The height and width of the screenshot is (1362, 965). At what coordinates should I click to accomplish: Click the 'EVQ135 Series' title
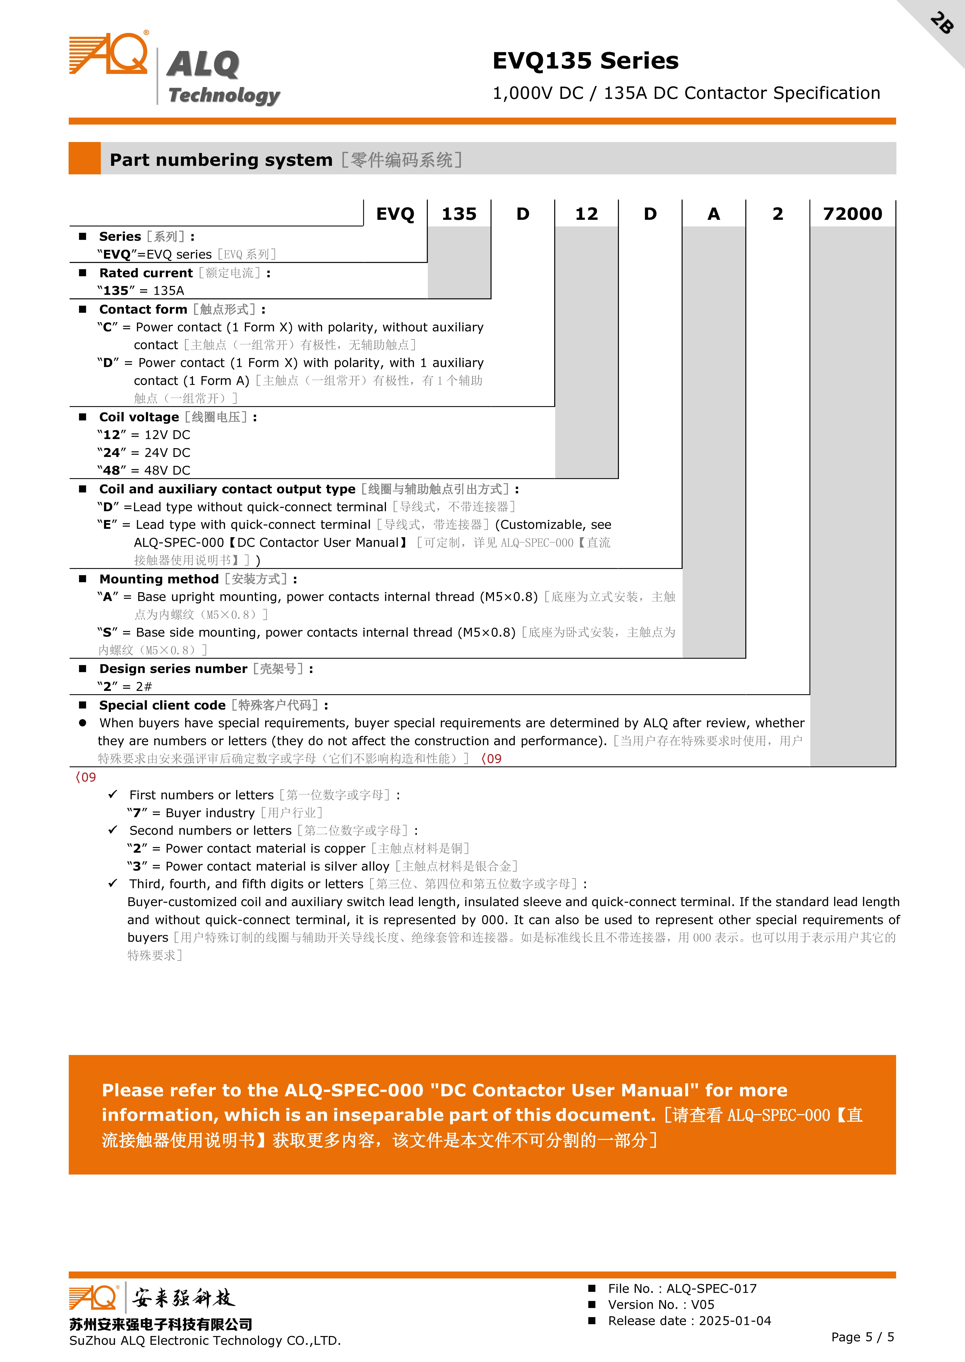click(585, 61)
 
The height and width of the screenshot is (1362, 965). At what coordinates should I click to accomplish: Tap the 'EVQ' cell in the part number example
click(395, 214)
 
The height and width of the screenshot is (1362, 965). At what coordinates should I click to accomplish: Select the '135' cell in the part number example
click(459, 214)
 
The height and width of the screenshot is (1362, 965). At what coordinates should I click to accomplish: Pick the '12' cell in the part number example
click(586, 214)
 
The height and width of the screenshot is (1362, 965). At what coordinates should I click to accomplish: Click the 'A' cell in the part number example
click(714, 214)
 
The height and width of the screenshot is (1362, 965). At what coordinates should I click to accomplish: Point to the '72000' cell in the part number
click(853, 214)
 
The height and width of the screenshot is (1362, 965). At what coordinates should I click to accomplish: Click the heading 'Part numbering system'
click(221, 160)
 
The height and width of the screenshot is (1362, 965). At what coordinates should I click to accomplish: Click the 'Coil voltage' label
click(139, 417)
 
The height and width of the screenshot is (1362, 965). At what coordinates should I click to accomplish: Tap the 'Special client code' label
click(162, 705)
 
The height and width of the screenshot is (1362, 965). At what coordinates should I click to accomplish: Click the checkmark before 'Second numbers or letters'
click(113, 830)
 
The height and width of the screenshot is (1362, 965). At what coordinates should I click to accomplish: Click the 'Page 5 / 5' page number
click(862, 1336)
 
